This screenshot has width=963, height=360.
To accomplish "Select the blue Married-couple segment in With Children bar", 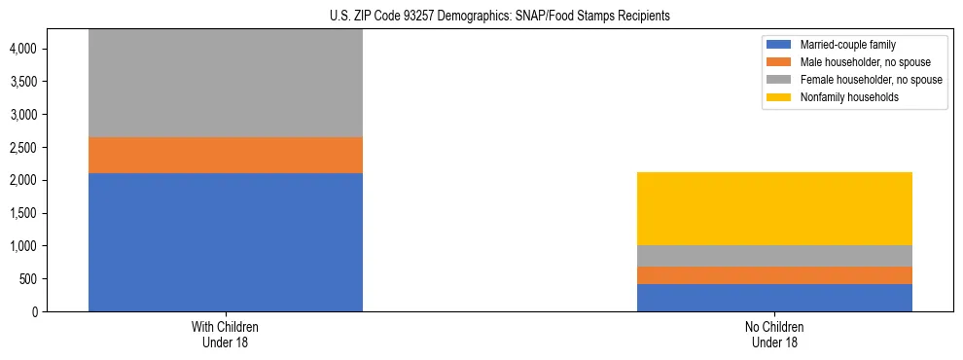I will [x=226, y=242].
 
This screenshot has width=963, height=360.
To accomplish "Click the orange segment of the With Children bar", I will [x=226, y=155].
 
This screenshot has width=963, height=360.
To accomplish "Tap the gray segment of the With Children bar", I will [x=226, y=84].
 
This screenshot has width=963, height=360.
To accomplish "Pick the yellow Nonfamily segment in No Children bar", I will [x=774, y=208].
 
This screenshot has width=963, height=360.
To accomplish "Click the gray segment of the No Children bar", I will [x=774, y=256].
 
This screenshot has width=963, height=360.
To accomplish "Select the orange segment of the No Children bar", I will [x=774, y=275].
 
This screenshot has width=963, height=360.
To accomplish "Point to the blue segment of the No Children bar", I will [x=774, y=298].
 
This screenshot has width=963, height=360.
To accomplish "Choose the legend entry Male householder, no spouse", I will [x=855, y=62].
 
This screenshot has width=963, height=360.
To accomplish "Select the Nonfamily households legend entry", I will [x=842, y=97].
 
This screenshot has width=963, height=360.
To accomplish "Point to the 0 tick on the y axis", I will [x=33, y=312].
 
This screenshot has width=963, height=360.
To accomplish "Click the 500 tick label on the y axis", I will [x=27, y=279].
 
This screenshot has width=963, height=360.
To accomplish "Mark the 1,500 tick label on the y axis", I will [x=23, y=213].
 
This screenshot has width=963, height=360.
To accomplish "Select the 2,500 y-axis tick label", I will [x=23, y=147].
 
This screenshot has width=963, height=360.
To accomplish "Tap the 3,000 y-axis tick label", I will [x=23, y=115].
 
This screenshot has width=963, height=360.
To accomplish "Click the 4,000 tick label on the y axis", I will [x=23, y=49].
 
